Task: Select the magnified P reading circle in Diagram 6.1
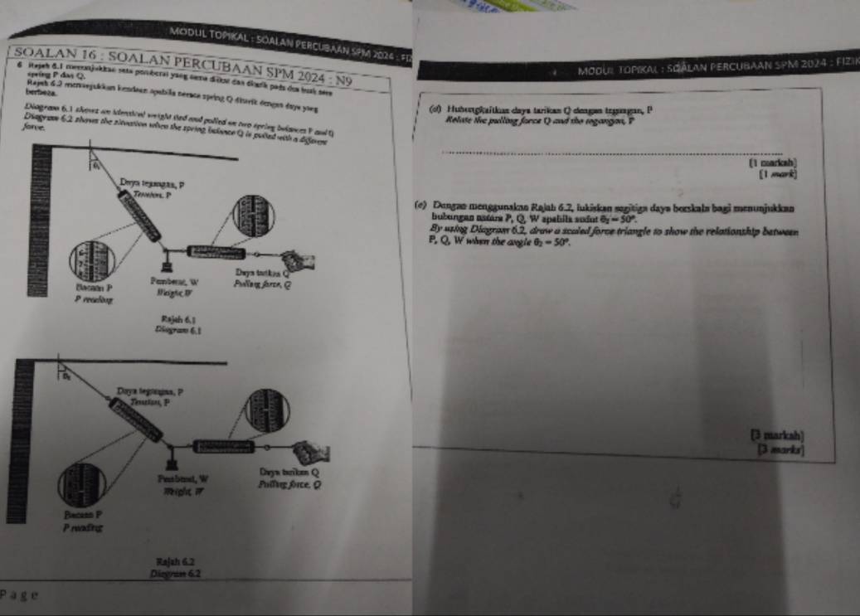(91, 260)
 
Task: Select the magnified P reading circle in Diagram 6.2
(91, 485)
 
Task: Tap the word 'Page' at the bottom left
(17, 594)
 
